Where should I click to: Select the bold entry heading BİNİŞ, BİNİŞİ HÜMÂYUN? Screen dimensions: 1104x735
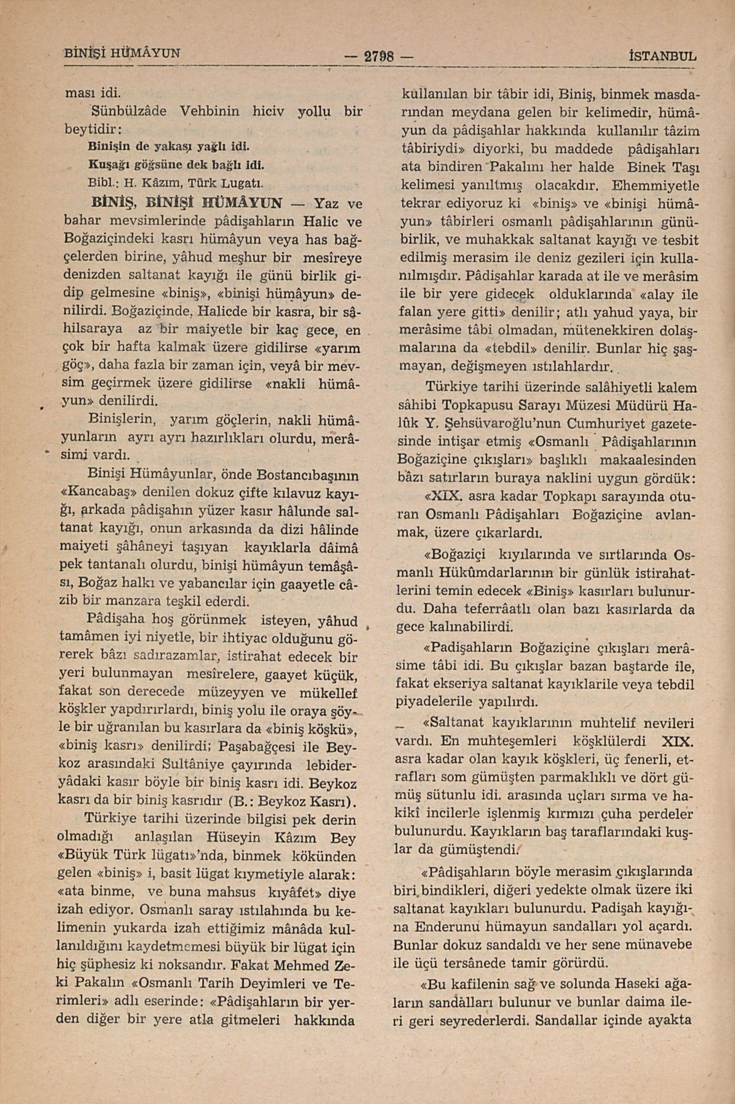188,204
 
